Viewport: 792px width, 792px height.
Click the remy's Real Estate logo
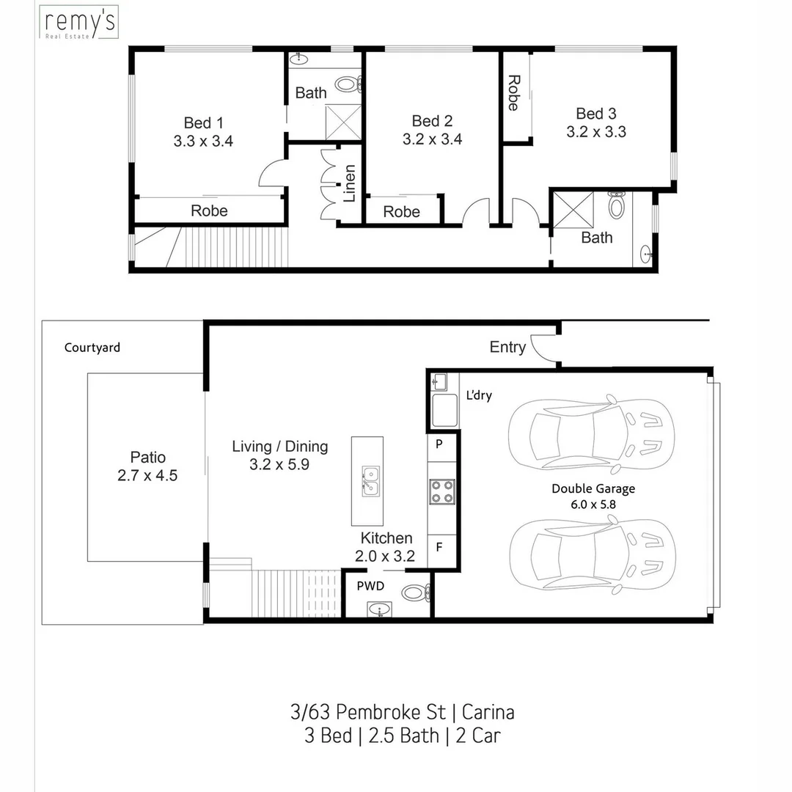click(x=78, y=23)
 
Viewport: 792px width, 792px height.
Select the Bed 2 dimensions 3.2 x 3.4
click(x=432, y=139)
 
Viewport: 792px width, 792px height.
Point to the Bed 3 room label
click(x=595, y=114)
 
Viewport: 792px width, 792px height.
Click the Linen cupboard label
click(x=350, y=183)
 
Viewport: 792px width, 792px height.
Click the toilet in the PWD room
click(x=416, y=592)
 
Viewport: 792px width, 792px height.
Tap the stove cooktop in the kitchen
click(x=441, y=491)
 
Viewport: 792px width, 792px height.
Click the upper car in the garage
click(x=590, y=432)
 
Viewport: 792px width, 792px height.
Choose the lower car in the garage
click(x=590, y=554)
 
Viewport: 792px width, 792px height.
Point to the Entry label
click(x=507, y=348)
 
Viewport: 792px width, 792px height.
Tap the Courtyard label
click(x=92, y=348)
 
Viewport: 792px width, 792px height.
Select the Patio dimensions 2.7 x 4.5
click(x=147, y=475)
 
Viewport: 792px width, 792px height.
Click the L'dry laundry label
click(x=479, y=396)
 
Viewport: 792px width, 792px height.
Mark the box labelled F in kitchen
click(x=439, y=546)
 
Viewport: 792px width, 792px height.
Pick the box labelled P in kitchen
click(x=439, y=444)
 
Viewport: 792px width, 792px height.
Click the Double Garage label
click(x=593, y=489)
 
